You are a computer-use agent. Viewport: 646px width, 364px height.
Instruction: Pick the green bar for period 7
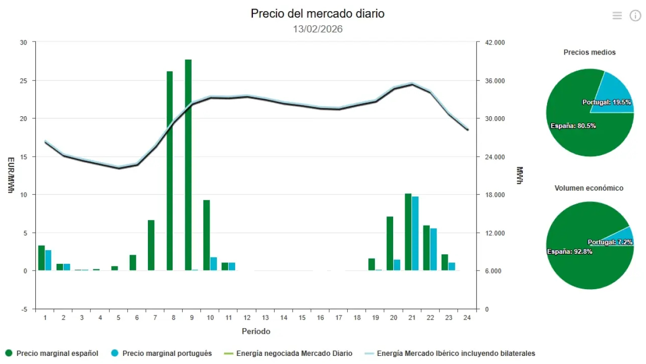[151, 245]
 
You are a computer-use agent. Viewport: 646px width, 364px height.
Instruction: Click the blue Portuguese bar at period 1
[48, 260]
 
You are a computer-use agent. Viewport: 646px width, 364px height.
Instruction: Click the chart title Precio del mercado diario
[317, 14]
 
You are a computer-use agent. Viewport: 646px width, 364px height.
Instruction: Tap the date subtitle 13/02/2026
[317, 29]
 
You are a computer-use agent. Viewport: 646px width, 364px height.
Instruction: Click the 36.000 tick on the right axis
[495, 81]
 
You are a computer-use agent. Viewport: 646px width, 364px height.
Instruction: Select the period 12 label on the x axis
[247, 317]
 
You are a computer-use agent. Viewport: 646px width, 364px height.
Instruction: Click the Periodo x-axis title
[256, 332]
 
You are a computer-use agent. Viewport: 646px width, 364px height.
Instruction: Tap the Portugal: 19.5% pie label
[607, 102]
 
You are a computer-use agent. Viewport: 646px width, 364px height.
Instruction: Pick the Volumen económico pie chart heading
[589, 188]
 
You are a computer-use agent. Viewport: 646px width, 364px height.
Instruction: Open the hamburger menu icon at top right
[617, 16]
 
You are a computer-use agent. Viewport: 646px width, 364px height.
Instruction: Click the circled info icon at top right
[635, 16]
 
